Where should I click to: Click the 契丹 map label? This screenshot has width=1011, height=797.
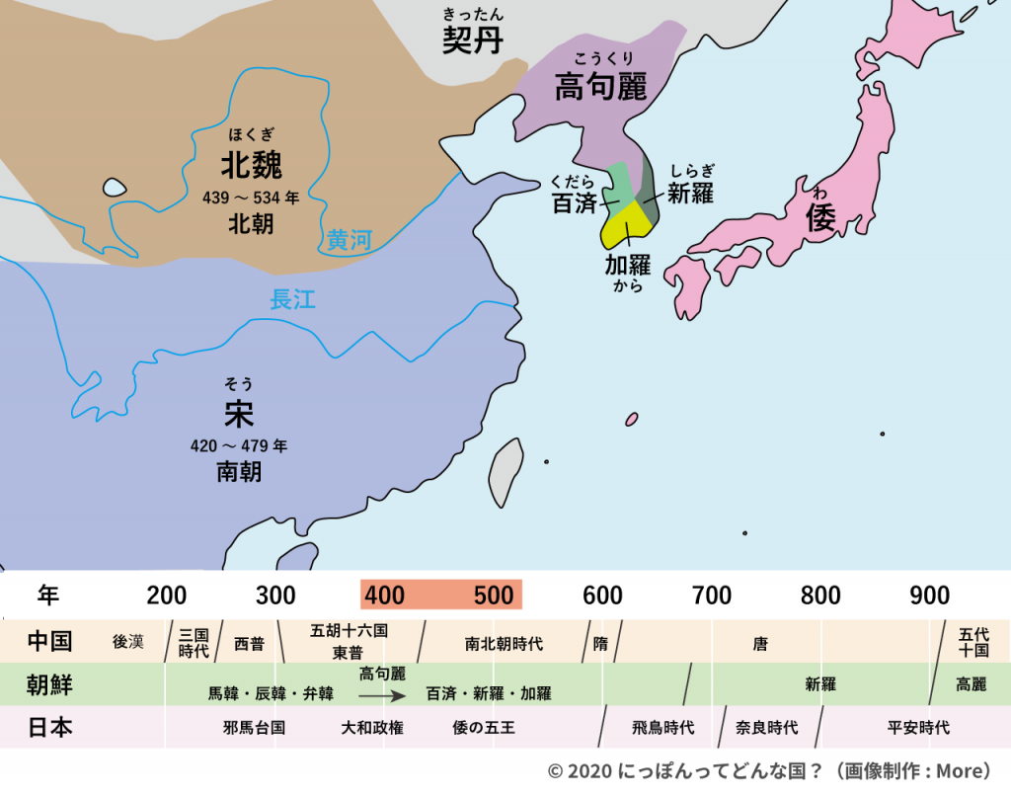pos(473,40)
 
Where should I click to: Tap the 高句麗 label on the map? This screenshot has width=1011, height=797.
pos(599,87)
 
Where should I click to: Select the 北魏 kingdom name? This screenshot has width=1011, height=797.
pos(251,163)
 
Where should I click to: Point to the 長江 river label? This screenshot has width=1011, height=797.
pos(292,299)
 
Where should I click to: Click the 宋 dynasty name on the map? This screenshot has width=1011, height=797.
pos(239,413)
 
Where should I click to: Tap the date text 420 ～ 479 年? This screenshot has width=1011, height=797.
pos(239,446)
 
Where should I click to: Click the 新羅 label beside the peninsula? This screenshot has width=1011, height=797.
pos(690,194)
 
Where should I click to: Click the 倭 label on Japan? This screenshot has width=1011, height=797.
pos(819,217)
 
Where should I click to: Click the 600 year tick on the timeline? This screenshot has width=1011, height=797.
pos(602,596)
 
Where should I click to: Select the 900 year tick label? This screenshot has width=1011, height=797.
pos(930,596)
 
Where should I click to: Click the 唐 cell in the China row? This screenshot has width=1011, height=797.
pos(759,643)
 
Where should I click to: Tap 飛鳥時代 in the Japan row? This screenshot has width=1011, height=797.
pos(662,728)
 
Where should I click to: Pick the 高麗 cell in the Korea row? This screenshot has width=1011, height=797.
pos(971,683)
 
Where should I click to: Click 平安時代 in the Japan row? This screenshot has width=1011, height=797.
pos(918,728)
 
